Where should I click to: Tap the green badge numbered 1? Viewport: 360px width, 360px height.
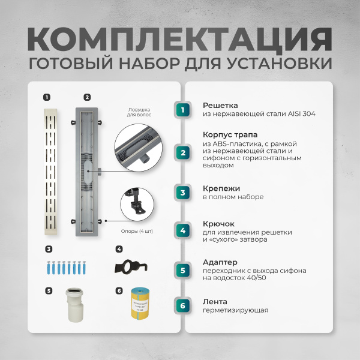tap(184, 109)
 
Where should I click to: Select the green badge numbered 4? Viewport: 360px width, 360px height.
tap(184, 230)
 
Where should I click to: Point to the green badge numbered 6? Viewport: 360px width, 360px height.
tap(184, 305)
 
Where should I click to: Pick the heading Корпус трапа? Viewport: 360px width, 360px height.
tap(230, 136)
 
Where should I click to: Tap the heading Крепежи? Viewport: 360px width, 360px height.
tap(218, 188)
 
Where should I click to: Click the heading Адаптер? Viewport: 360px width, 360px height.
tap(220, 262)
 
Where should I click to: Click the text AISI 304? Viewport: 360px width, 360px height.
tap(300, 113)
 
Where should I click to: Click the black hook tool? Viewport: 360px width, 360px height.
tap(136, 265)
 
